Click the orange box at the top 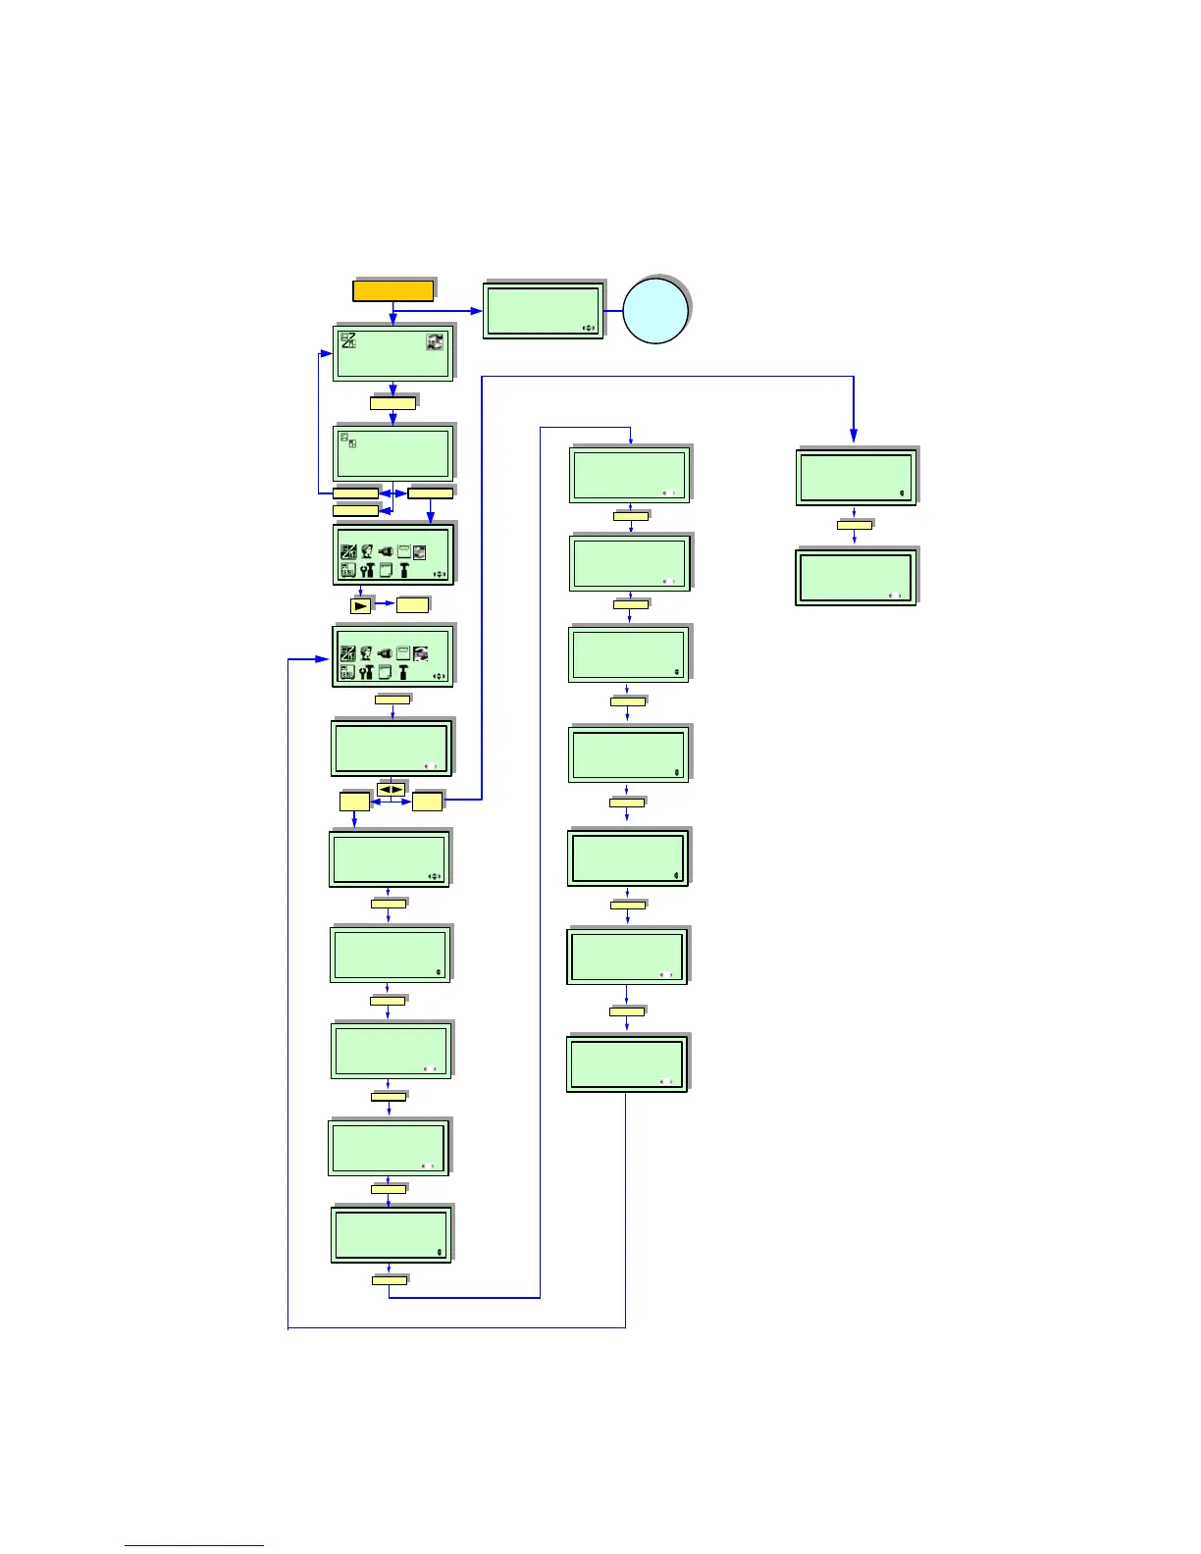392,290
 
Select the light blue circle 655,311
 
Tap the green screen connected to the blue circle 543,311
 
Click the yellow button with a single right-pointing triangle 361,605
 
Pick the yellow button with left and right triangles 391,790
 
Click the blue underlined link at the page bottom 194,1545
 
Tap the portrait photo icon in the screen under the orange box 435,341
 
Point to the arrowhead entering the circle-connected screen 478,311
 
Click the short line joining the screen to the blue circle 613,311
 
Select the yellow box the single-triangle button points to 412,605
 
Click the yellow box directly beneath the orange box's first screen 392,402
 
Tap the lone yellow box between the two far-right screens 854,525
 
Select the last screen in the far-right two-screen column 856,577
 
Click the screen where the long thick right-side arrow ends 856,477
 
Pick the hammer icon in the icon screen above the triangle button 403,570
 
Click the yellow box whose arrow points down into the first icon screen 430,492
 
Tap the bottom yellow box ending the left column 390,1280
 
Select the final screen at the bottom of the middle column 627,1063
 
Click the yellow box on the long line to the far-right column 428,802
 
